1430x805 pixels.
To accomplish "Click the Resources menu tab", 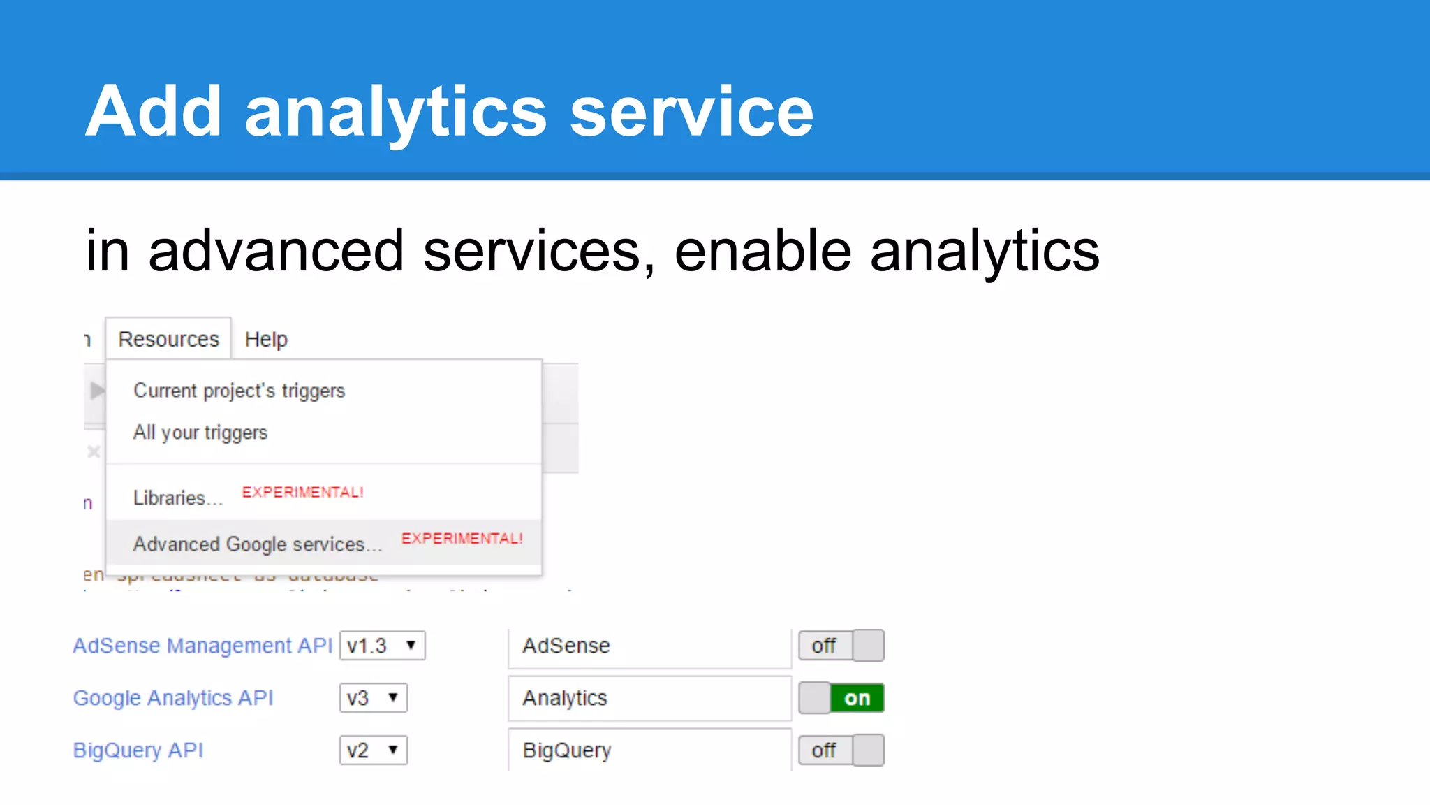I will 168,339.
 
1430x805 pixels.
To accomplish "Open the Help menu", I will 266,339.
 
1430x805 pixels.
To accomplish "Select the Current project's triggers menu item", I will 239,391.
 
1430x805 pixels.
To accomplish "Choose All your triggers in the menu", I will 200,433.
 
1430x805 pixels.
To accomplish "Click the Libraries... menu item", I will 177,498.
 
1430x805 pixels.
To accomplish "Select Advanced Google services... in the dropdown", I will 258,544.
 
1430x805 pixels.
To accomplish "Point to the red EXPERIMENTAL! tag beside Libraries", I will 302,492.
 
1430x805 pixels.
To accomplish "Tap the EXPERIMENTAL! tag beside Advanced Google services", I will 462,538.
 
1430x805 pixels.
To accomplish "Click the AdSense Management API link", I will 202,646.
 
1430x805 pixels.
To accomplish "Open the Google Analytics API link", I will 173,698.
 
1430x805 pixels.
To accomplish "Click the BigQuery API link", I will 138,750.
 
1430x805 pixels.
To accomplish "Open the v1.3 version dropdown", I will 382,646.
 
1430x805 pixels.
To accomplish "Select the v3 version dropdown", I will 373,698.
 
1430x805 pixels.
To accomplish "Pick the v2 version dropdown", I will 373,750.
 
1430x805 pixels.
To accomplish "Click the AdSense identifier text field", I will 649,646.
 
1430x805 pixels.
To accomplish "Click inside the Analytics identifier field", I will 649,698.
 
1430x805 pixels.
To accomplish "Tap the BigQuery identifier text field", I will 649,750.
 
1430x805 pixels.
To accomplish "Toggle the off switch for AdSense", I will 841,646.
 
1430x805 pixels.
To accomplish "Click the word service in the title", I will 691,112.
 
